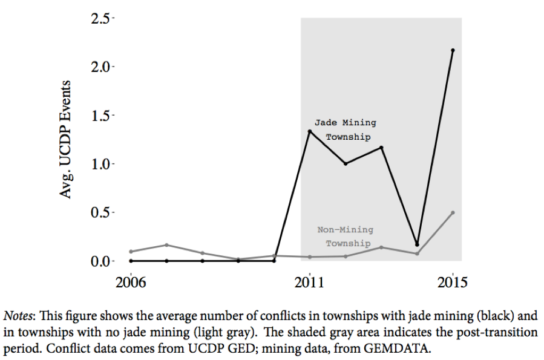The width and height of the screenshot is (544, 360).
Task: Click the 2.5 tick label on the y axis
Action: click(101, 19)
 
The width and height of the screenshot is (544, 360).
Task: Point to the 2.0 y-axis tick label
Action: click(101, 67)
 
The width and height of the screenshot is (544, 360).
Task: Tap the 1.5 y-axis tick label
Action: click(101, 116)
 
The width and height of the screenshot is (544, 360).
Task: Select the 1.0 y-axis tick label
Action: click(101, 164)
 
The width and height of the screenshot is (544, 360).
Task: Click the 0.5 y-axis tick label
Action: click(101, 213)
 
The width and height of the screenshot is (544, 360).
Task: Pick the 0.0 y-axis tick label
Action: click(101, 261)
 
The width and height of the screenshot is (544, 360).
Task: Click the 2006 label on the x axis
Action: click(131, 283)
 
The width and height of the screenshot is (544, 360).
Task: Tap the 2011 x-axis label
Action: click(310, 283)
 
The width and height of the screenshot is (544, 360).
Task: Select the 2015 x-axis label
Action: click(453, 283)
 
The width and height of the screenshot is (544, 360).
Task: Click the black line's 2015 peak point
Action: click(453, 50)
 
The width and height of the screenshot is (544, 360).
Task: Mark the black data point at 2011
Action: click(310, 131)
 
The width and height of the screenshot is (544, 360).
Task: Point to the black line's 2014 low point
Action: click(417, 244)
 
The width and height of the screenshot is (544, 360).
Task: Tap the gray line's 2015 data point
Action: click(453, 212)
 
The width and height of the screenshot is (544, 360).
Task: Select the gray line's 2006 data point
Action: click(131, 252)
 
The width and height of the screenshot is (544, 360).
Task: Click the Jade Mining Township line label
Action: click(346, 129)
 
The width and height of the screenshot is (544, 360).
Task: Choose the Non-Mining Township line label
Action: click(346, 237)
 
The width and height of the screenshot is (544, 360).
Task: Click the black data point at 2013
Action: click(381, 147)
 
